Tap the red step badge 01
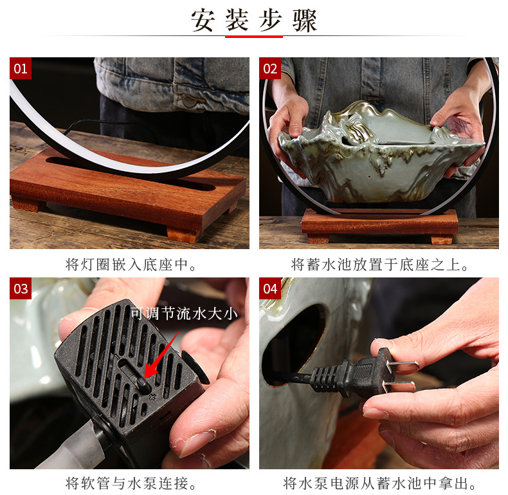[x=21, y=68]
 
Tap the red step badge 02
[x=270, y=68]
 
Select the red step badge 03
[x=21, y=288]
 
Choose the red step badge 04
[x=270, y=288]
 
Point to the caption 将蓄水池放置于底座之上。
[x=379, y=265]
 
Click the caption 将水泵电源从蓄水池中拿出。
[x=379, y=483]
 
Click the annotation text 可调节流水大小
[x=184, y=313]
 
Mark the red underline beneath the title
[x=253, y=37]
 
